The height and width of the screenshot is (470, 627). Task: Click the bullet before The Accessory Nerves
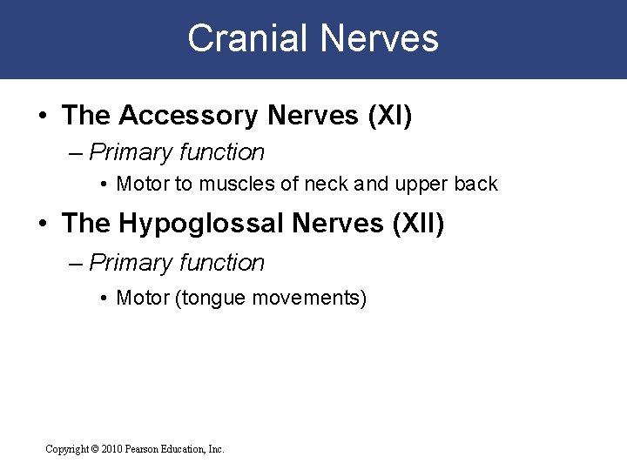pos(43,116)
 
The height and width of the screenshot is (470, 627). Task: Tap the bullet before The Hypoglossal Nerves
pos(43,225)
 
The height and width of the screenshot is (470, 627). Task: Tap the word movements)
pos(309,299)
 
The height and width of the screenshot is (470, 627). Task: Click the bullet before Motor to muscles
pos(104,185)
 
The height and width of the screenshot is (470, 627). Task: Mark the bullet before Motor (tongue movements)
pos(104,299)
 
